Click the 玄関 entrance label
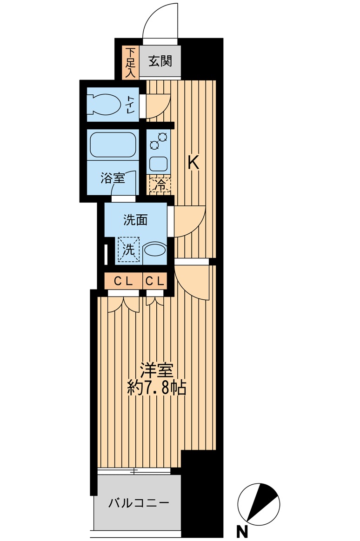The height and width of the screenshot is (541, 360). click(160, 61)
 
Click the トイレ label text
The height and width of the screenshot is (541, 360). click(131, 105)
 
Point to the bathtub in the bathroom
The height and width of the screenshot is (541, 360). click(113, 144)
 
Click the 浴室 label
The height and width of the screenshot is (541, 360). click(113, 178)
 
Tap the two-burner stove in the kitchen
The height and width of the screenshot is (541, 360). click(159, 141)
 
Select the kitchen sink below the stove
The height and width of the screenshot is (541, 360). click(159, 164)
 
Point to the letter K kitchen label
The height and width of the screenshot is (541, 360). click(193, 162)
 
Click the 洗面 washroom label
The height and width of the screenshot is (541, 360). click(135, 220)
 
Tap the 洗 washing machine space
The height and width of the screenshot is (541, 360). click(128, 250)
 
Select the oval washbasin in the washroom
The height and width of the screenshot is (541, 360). click(154, 250)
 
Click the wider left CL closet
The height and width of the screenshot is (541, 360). click(123, 281)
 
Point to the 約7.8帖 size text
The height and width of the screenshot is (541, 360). click(157, 388)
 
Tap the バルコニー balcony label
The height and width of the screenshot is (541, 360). click(138, 503)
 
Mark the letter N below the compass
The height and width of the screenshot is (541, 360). click(241, 531)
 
